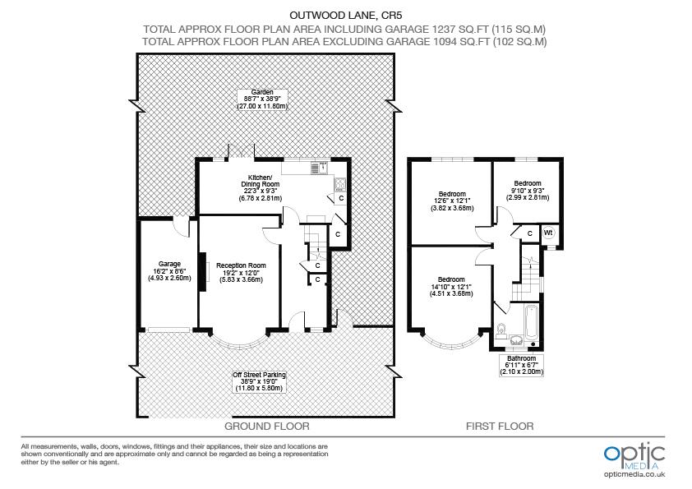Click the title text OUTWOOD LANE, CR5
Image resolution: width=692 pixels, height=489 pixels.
pyautogui.click(x=346, y=14)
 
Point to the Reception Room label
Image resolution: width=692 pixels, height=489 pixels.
pyautogui.click(x=241, y=273)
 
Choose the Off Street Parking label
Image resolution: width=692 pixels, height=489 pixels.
pyautogui.click(x=263, y=381)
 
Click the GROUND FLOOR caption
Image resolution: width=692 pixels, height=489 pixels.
pyautogui.click(x=267, y=427)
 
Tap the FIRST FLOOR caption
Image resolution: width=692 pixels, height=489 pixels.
pyautogui.click(x=500, y=427)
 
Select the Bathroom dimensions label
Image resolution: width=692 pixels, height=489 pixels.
pyautogui.click(x=522, y=365)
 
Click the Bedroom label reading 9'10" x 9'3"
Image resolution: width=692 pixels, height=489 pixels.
pyautogui.click(x=527, y=190)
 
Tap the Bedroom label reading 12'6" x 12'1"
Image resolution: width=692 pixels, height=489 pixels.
pyautogui.click(x=451, y=201)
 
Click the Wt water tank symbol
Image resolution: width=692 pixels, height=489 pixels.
pyautogui.click(x=548, y=233)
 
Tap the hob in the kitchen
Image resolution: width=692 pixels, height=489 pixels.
pyautogui.click(x=339, y=185)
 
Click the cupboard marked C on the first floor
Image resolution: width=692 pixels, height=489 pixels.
pyautogui.click(x=529, y=233)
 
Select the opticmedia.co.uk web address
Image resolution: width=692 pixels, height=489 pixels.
pyautogui.click(x=634, y=474)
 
